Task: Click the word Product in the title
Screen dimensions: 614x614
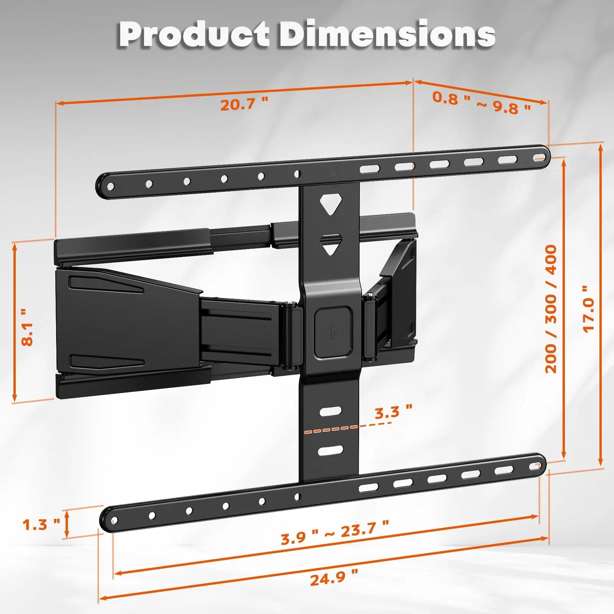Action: click(193, 34)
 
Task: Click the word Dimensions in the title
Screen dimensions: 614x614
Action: click(387, 34)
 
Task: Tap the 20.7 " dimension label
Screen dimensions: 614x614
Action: click(244, 104)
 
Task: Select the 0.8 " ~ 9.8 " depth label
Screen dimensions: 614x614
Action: click(481, 102)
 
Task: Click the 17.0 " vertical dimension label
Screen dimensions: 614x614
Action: click(589, 309)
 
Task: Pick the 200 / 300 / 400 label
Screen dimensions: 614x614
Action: click(551, 309)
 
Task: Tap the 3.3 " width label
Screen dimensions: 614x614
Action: click(393, 412)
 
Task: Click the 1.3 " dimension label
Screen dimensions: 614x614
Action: click(41, 524)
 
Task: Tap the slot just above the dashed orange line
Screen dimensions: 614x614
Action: click(331, 411)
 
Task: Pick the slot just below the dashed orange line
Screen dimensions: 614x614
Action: click(331, 450)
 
